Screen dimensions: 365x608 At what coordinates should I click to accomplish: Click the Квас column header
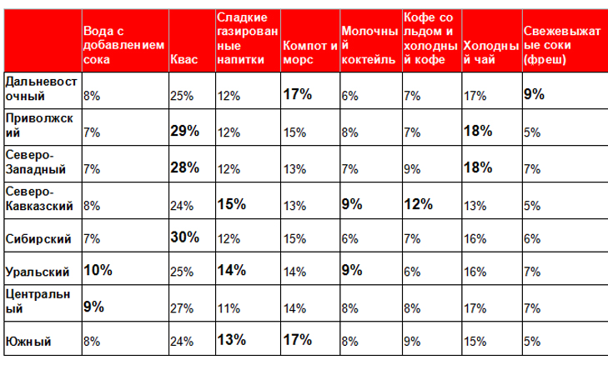click(x=183, y=60)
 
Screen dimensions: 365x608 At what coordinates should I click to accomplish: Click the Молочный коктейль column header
click(x=369, y=52)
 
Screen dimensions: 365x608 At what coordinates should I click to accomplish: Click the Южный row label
click(x=28, y=341)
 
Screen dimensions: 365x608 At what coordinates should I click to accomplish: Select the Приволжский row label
click(x=38, y=125)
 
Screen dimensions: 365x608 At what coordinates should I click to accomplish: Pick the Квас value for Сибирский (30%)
click(x=183, y=237)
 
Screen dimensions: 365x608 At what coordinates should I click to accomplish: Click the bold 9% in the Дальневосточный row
click(x=534, y=94)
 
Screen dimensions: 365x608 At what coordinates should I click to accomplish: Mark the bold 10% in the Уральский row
click(x=98, y=270)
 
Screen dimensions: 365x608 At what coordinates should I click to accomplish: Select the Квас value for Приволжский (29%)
click(x=183, y=130)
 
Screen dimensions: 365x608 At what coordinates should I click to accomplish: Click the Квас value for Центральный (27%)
click(x=181, y=307)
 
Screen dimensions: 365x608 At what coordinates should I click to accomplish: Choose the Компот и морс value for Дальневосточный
click(x=297, y=94)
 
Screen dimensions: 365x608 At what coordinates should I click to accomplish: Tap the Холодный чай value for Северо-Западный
click(x=478, y=167)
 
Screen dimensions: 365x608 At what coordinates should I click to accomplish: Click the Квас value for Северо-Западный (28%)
click(x=183, y=167)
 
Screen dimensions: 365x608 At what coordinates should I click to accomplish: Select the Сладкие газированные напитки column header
click(x=243, y=38)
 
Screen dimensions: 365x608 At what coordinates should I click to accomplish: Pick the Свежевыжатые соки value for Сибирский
click(x=531, y=238)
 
